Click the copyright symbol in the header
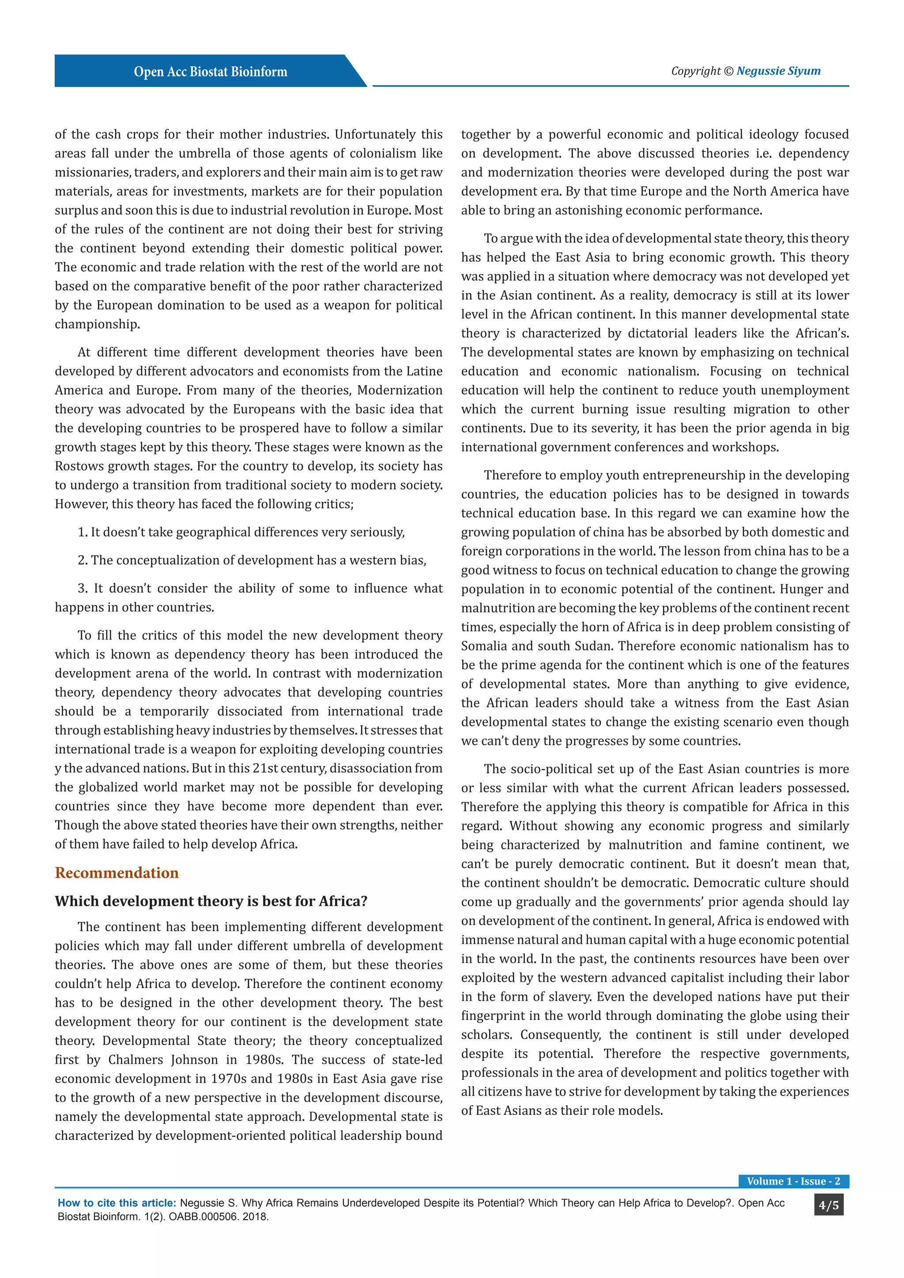tap(729, 71)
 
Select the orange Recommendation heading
tap(117, 872)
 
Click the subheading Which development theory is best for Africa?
tap(211, 901)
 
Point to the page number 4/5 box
tap(828, 1205)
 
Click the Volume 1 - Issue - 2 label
tap(793, 1180)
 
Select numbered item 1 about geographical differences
tap(241, 532)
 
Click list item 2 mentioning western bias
tap(252, 560)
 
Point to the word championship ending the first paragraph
tap(96, 324)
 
